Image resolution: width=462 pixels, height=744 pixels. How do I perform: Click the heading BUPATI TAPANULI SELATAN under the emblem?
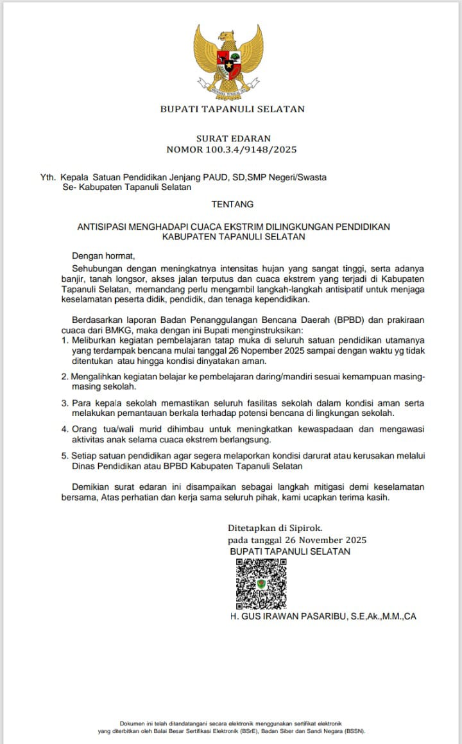232,110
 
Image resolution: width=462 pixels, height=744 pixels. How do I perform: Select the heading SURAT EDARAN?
232,138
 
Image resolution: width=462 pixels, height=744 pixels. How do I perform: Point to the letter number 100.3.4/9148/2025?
252,150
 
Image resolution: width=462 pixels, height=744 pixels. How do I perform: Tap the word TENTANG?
232,204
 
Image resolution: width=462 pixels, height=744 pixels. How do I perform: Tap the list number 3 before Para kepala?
65,402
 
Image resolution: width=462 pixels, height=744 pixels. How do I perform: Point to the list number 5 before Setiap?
65,455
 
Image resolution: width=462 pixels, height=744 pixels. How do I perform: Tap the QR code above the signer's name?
261,583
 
